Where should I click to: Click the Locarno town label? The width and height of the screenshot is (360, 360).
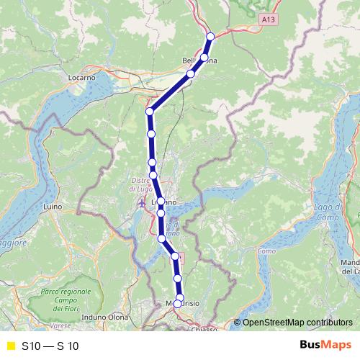tap(83, 76)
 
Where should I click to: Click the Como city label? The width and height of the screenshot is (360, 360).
tap(266, 251)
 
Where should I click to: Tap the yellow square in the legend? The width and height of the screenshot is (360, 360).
tap(10, 346)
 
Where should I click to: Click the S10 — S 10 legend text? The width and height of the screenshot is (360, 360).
tap(50, 346)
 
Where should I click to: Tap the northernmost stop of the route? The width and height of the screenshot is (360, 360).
tap(210, 36)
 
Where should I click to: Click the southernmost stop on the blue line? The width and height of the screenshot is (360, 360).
tap(177, 304)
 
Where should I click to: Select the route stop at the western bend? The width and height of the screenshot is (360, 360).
tap(150, 112)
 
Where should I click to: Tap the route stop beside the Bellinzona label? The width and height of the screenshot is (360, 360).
tap(204, 57)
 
